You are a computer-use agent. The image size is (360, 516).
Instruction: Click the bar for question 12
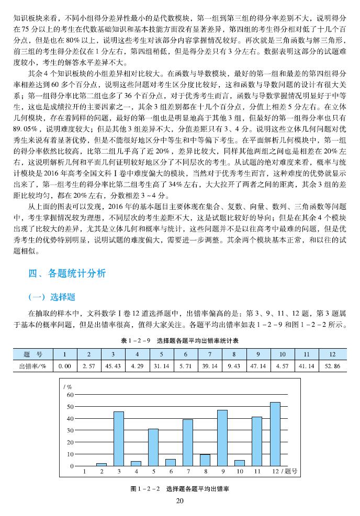[x=275, y=434]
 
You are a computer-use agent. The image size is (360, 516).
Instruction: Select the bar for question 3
[x=119, y=439]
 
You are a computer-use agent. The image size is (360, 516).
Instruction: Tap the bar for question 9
[x=222, y=438]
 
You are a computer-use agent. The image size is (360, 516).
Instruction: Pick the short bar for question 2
[x=102, y=464]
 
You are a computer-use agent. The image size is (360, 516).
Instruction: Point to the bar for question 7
[x=188, y=442]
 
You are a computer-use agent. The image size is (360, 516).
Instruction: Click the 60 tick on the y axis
[x=71, y=395]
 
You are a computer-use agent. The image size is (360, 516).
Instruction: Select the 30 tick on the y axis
[x=71, y=430]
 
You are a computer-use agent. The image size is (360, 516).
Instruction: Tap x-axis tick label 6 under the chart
[x=171, y=472]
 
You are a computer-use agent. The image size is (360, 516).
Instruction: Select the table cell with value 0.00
[x=65, y=365]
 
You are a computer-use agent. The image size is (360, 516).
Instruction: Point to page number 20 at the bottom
[x=180, y=501]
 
